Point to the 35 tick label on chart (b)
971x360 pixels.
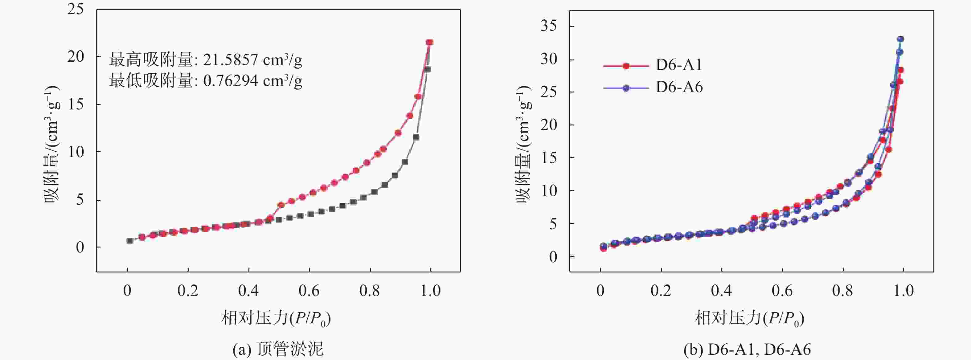548,26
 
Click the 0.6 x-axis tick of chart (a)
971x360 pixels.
309,291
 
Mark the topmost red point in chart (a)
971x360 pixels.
429,42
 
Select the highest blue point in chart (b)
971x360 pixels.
900,39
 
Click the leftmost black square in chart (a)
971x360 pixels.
130,240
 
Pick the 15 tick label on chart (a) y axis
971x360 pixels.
76,104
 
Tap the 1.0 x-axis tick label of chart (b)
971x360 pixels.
903,291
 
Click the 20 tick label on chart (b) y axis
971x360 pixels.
548,125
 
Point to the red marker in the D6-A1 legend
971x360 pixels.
626,66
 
